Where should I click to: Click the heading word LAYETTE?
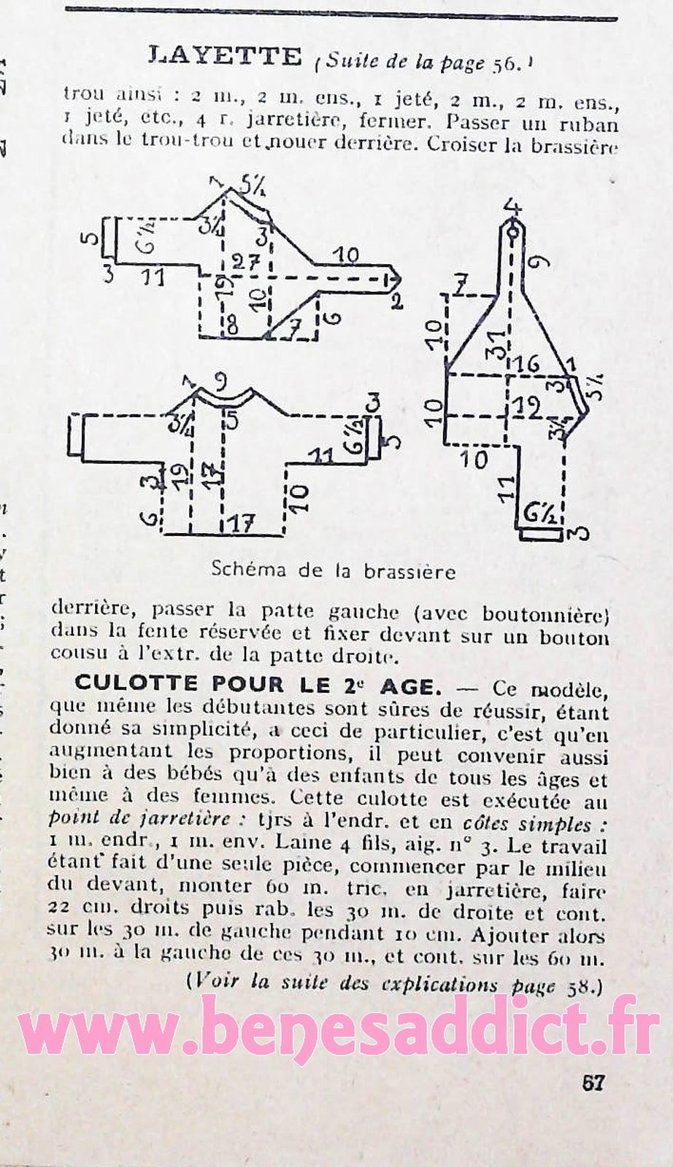click(224, 55)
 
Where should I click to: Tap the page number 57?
click(593, 1082)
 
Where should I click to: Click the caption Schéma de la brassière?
click(333, 571)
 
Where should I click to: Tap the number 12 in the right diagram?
click(527, 408)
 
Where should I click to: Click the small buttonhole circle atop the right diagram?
click(515, 229)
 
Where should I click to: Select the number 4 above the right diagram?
click(515, 206)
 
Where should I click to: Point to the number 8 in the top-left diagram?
click(232, 326)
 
